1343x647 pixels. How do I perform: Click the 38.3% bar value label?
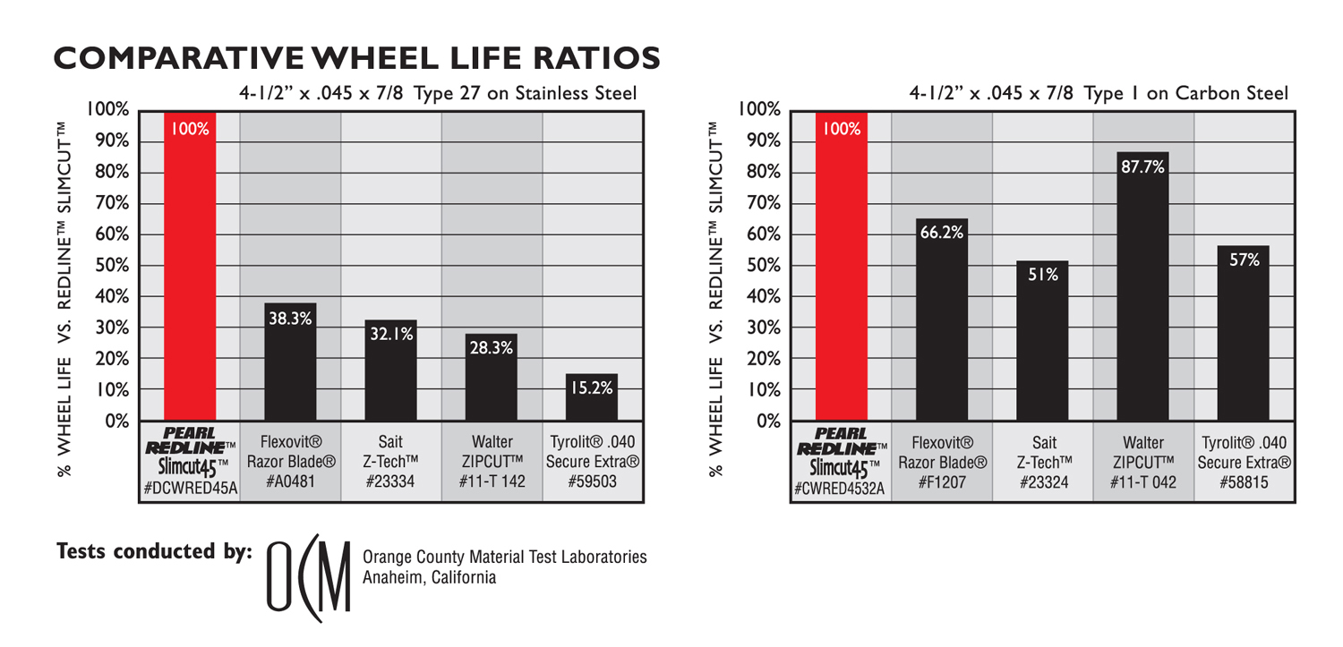290,318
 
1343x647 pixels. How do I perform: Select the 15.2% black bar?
591,398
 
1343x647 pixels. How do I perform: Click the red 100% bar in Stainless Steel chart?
190,268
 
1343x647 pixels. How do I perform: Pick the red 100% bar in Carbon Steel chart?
842,268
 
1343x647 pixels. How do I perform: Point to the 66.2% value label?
941,233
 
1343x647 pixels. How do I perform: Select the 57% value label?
1244,260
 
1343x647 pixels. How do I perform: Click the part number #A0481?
290,483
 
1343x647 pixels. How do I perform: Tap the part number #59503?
591,483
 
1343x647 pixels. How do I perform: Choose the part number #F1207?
941,483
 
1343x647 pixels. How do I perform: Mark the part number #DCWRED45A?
189,489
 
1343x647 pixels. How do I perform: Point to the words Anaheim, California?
429,578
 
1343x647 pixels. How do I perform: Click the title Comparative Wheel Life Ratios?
356,57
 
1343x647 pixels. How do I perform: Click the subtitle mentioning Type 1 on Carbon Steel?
1099,93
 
